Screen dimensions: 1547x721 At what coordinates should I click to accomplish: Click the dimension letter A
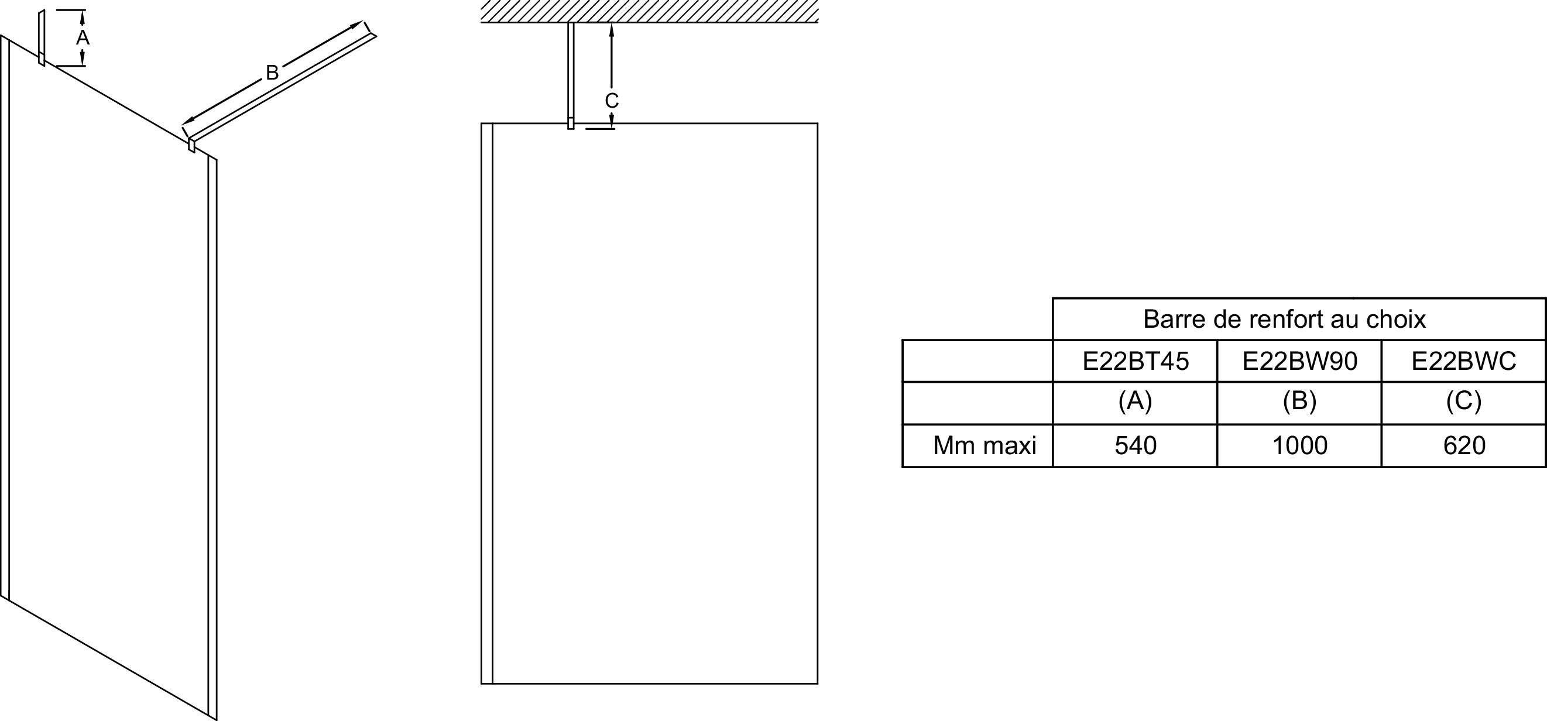click(83, 38)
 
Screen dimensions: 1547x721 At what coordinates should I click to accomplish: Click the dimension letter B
click(272, 73)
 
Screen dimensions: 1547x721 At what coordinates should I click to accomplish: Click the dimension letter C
click(611, 100)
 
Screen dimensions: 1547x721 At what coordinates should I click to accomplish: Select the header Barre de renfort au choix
click(1284, 319)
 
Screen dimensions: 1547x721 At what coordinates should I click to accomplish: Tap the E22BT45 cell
click(1135, 361)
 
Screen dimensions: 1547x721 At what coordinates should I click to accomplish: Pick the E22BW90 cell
click(1299, 361)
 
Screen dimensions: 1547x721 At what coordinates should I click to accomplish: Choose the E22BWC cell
click(1463, 361)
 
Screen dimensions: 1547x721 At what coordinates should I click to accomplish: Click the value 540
click(1135, 445)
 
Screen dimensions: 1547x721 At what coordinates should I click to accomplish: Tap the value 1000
click(1299, 445)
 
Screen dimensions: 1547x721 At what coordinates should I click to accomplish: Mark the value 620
click(1463, 445)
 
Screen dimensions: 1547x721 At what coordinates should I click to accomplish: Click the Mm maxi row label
click(985, 445)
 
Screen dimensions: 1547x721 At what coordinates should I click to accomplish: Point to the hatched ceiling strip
click(649, 11)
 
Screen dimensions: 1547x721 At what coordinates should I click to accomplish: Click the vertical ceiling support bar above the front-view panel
click(571, 75)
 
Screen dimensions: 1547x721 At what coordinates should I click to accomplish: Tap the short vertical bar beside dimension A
click(42, 37)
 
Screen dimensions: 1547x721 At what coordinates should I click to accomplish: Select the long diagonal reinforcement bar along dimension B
click(282, 88)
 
